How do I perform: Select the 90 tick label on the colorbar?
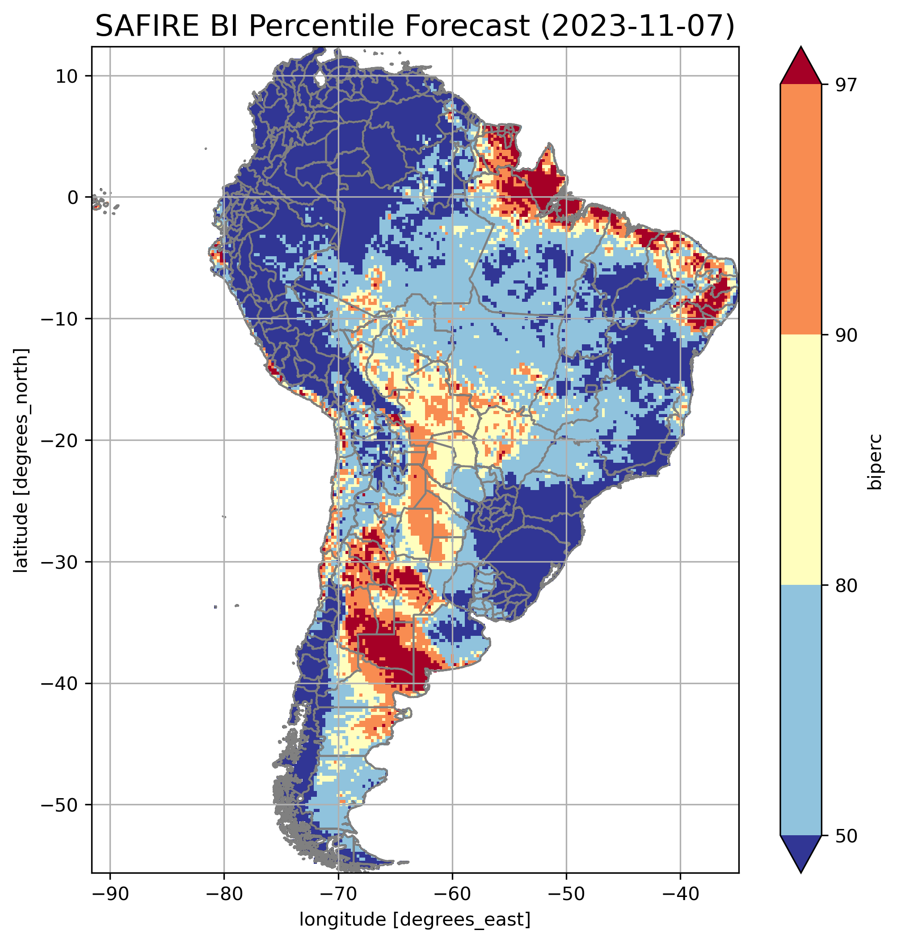coord(846,335)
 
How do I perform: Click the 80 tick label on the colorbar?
coord(846,585)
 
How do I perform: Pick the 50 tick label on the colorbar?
coord(846,836)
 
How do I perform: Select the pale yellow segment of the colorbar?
coord(800,459)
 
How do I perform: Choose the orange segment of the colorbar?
coord(800,210)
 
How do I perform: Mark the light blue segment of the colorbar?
coord(800,710)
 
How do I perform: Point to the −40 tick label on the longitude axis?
coord(680,894)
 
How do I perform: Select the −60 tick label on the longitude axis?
coord(452,894)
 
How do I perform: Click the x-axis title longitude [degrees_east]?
coord(415,919)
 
